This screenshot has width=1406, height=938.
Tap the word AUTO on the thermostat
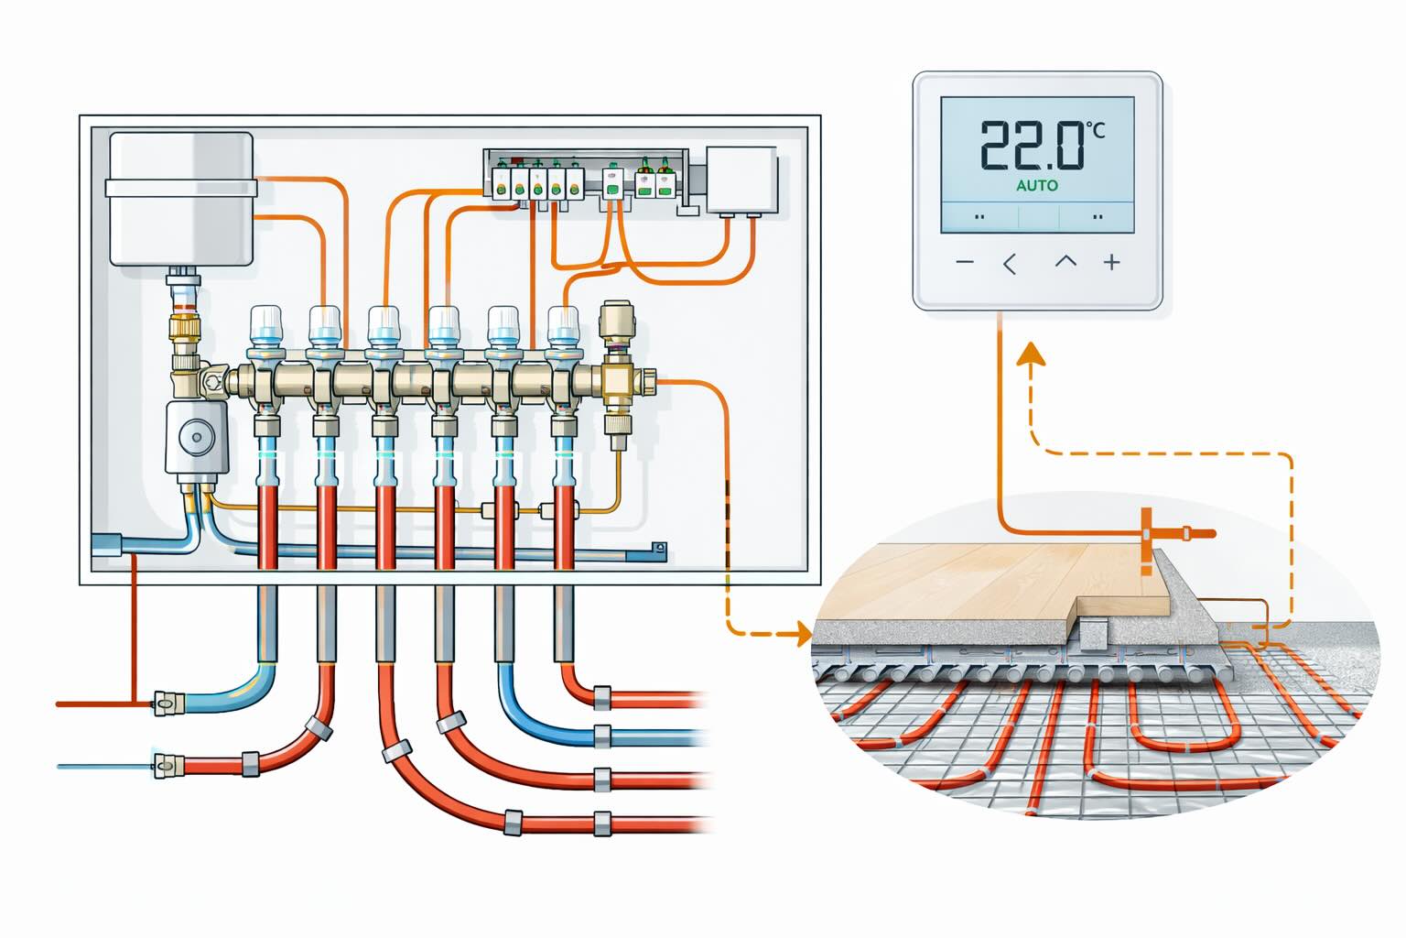click(x=1037, y=185)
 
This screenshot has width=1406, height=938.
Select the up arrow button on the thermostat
click(x=1065, y=262)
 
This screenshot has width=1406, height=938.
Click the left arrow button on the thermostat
click(x=1010, y=264)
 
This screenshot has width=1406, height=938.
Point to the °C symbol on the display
click(x=1095, y=131)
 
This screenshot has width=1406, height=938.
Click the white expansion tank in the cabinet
click(x=180, y=199)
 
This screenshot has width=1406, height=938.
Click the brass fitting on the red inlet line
click(x=167, y=703)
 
